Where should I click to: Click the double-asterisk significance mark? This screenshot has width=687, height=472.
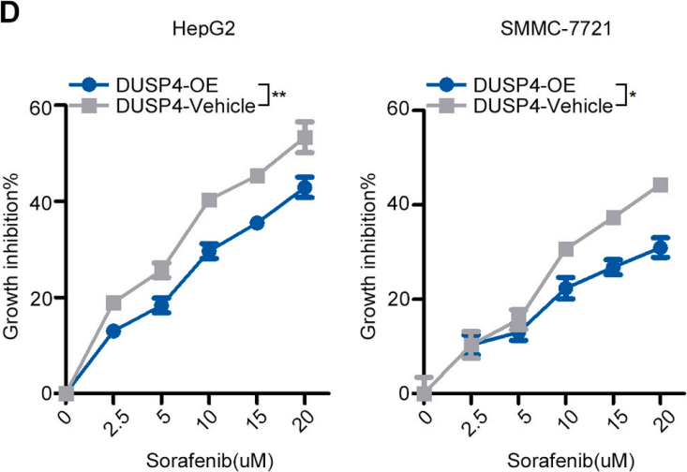[x=279, y=96]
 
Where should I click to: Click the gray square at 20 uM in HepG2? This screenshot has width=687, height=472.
[x=305, y=139]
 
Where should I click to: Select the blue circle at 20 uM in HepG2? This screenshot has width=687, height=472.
[x=305, y=188]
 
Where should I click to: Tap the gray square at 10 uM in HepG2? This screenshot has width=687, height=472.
[x=209, y=200]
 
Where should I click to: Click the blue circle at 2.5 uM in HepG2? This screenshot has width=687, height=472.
[x=113, y=331]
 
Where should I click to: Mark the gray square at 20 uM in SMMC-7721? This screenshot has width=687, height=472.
[x=660, y=184]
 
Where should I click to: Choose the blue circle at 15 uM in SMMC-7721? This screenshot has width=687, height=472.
[x=613, y=268]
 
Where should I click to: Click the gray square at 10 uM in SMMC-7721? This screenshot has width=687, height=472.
[x=565, y=249]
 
